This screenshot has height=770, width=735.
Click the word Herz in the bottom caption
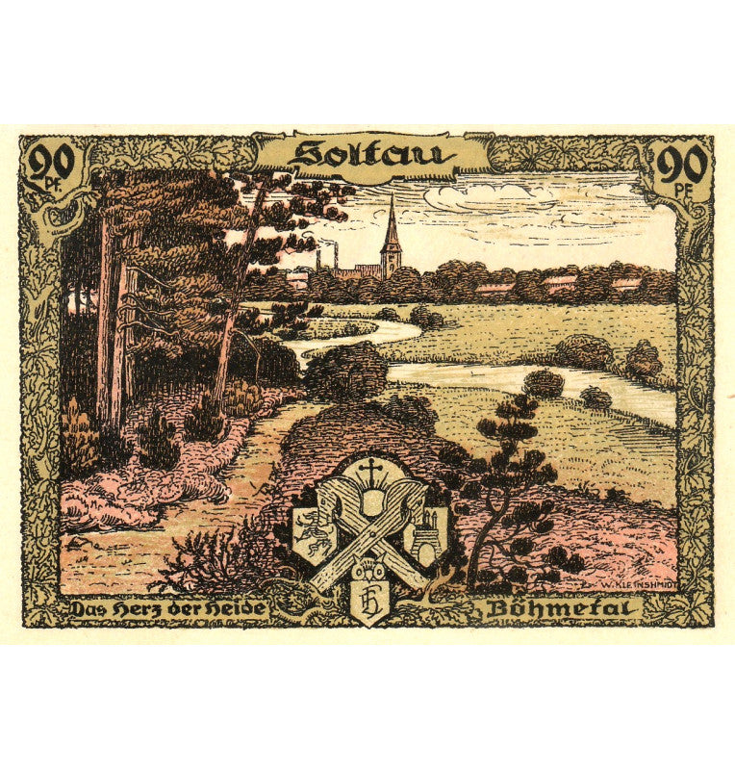(140, 608)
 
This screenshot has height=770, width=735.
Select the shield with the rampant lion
(315, 529)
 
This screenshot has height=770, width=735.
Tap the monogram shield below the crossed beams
(368, 604)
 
